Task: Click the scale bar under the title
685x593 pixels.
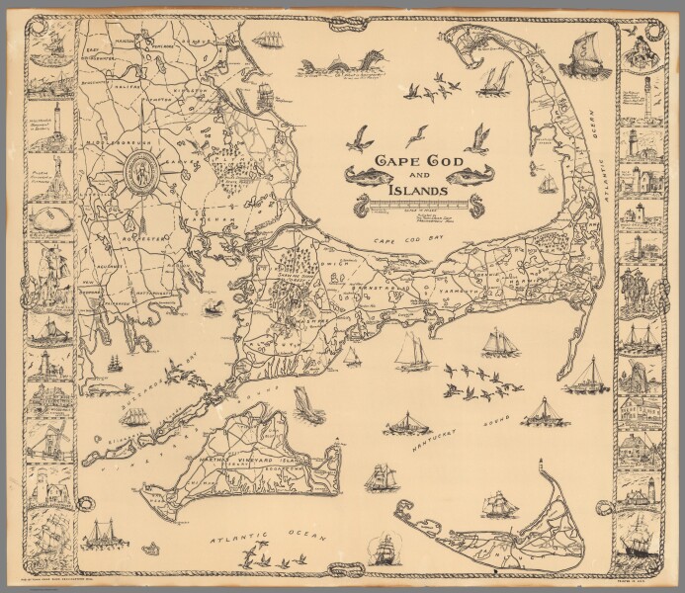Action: [x=406, y=206]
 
